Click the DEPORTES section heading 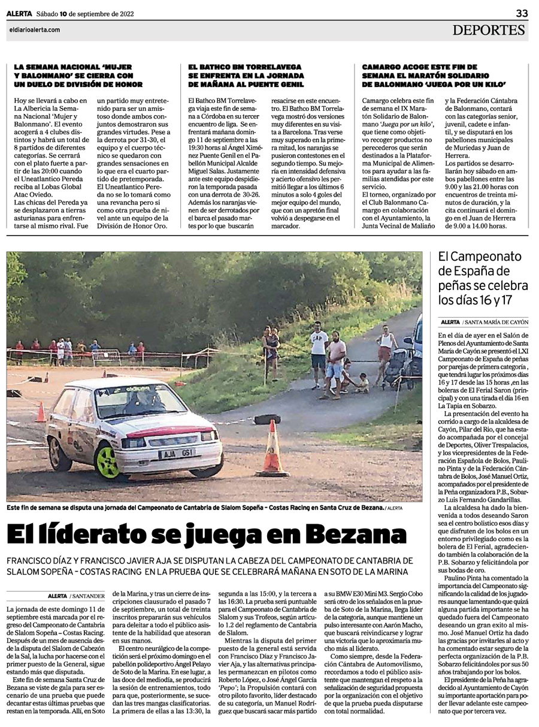click(489, 31)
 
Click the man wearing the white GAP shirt click(319, 351)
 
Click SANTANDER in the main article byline click(87, 596)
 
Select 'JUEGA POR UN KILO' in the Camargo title click(462, 85)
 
